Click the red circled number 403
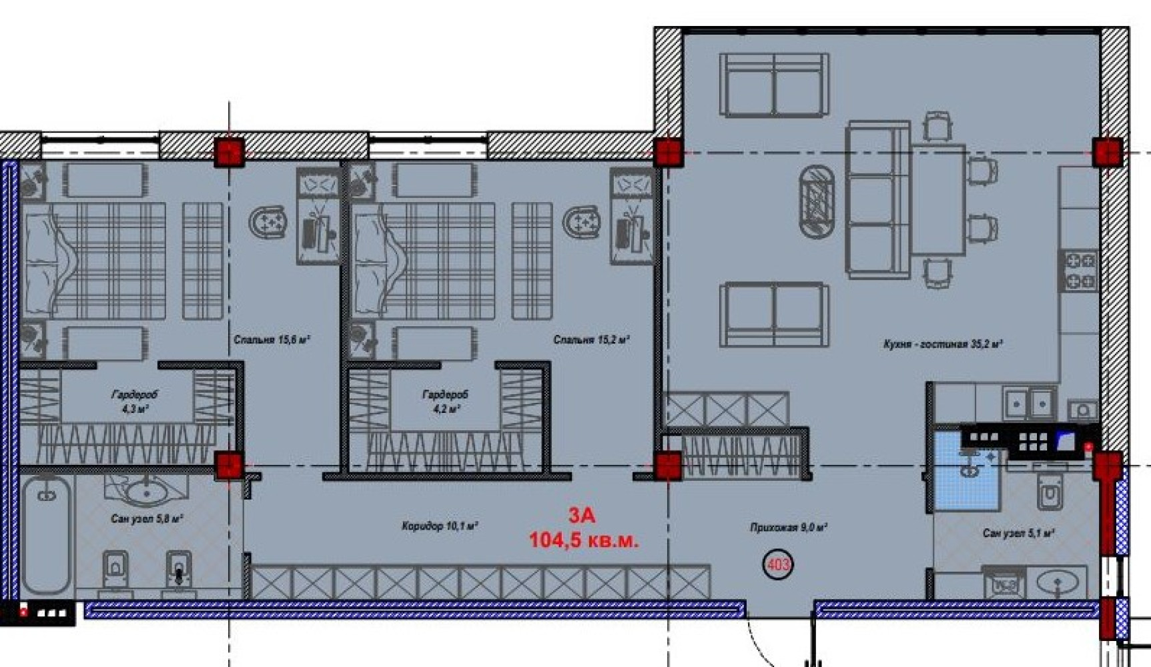(778, 565)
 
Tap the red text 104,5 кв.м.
(584, 540)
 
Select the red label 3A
(582, 515)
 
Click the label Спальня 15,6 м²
(272, 340)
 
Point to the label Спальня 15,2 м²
(592, 340)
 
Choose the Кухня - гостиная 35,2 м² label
(943, 344)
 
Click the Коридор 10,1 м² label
(440, 526)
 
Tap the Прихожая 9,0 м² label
(789, 527)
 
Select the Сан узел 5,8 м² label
(147, 518)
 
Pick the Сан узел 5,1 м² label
(1018, 533)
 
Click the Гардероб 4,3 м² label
(135, 402)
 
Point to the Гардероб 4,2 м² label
(446, 402)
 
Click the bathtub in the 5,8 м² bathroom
(47, 534)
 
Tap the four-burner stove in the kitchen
(1080, 271)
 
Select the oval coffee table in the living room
(817, 201)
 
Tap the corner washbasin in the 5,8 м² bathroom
(147, 490)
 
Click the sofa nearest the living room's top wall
(774, 85)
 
